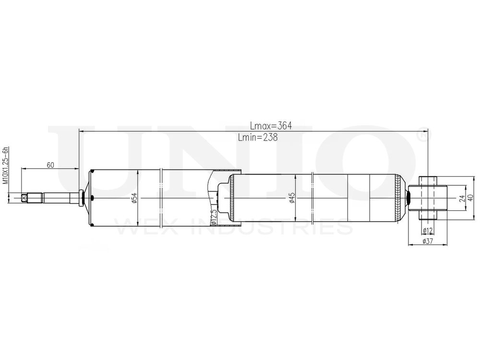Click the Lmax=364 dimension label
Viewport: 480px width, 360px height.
[271, 126]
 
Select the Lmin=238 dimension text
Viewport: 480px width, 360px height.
[258, 137]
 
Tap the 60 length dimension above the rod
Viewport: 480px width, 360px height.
[50, 165]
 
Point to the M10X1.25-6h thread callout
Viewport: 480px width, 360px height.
[6, 166]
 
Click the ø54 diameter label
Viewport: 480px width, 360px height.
[135, 197]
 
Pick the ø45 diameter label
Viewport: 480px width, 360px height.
[292, 198]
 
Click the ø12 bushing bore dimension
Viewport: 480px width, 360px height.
[428, 230]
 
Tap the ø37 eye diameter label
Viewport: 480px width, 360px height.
[428, 241]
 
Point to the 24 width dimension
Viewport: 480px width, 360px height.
[462, 198]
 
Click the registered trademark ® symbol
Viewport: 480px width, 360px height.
[421, 135]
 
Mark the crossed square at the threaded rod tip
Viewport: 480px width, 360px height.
[24, 198]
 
